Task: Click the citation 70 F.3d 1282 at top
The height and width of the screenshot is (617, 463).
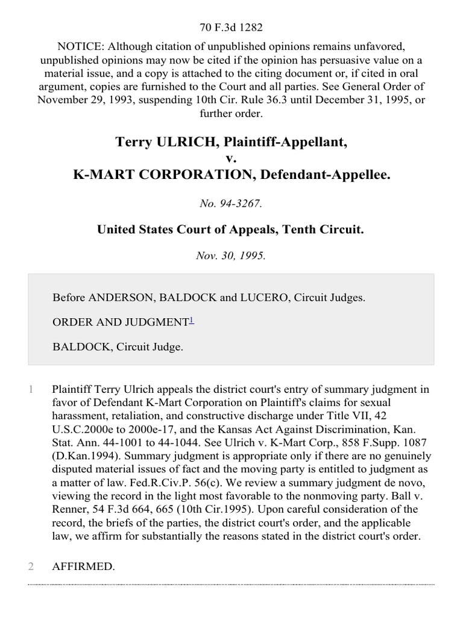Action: point(231,27)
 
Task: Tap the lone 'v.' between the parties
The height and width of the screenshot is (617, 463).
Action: point(231,158)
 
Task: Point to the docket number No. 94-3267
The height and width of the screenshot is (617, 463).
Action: point(231,204)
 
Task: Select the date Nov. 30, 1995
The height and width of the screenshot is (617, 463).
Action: point(231,255)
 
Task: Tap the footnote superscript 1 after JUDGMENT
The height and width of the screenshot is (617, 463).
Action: point(191,321)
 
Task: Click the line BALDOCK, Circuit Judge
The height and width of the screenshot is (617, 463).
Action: point(118,346)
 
